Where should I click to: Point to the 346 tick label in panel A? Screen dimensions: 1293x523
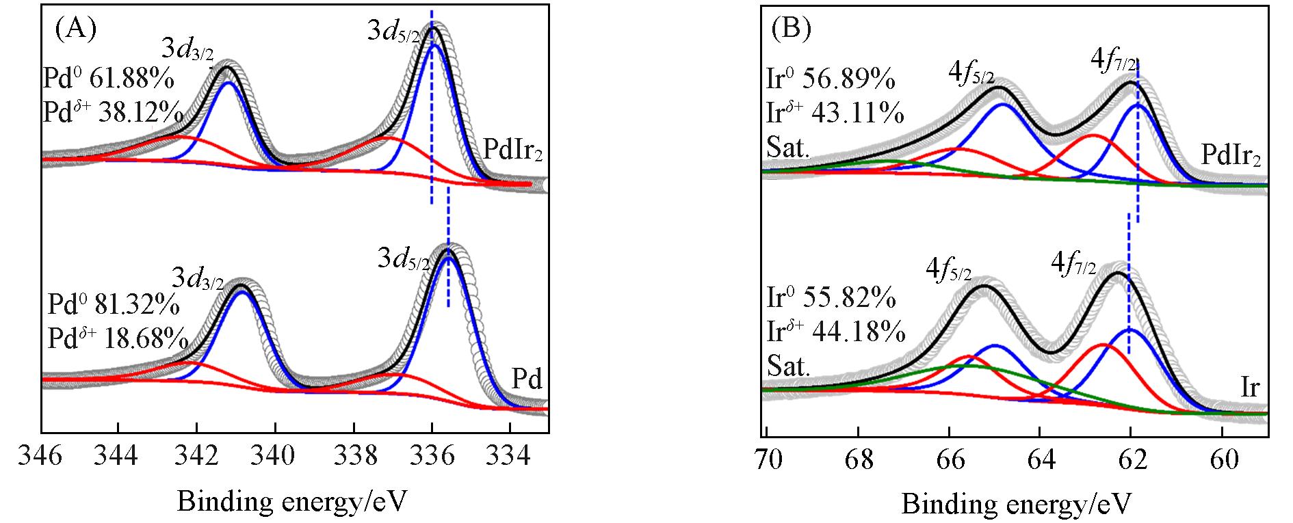tap(42, 455)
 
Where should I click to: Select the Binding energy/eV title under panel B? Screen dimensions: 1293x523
tap(1017, 504)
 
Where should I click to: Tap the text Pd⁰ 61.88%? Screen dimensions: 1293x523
tap(108, 79)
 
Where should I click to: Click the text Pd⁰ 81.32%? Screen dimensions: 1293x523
tap(114, 303)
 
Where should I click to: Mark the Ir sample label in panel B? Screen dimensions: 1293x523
tap(1249, 388)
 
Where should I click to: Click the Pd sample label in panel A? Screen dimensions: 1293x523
tap(527, 378)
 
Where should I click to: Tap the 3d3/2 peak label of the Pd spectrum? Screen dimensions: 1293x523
tap(198, 278)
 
